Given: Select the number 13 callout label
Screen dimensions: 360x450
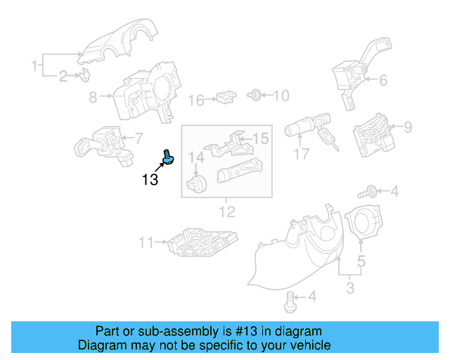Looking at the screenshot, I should pos(150,180).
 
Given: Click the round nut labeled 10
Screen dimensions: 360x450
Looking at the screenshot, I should pos(256,94).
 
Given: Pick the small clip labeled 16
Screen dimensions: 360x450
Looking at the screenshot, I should pos(226,96).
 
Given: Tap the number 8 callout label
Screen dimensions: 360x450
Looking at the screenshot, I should pos(93,98).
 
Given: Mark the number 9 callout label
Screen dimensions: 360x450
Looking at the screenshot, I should pos(407,127).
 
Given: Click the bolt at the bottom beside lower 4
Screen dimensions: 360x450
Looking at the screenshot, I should pos(289,302).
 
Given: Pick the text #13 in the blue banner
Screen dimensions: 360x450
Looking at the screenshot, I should pos(224,331).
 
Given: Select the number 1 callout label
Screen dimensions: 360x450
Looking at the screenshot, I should pos(33,66).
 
